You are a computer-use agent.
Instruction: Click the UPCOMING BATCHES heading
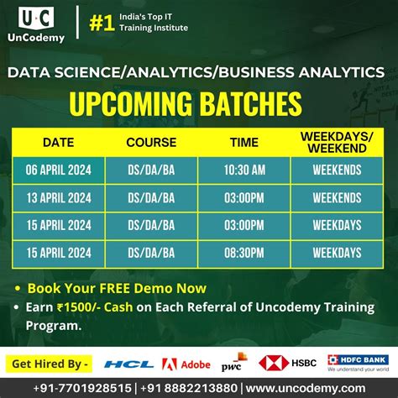(185, 104)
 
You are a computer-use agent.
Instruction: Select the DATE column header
(58, 142)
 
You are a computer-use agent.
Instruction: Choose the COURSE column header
(151, 142)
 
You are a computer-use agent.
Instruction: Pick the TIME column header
(244, 142)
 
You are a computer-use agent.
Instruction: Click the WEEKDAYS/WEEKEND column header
(337, 142)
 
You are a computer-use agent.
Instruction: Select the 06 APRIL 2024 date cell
(58, 170)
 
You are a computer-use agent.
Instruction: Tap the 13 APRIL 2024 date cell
(58, 197)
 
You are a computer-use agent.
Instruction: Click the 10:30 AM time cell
(244, 170)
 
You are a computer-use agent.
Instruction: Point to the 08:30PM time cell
(244, 251)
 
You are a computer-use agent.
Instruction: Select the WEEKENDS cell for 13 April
(337, 197)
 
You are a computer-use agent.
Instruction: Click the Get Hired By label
(49, 364)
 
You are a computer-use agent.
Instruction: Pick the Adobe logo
(186, 364)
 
